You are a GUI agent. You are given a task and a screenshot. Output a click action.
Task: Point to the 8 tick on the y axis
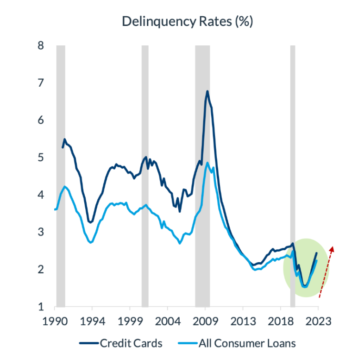[x=41, y=45]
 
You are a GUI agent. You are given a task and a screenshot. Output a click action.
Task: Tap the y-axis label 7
[x=41, y=83]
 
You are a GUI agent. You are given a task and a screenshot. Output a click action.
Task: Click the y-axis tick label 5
[x=41, y=158]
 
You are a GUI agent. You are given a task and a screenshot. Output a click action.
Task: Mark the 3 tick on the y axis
[x=41, y=232]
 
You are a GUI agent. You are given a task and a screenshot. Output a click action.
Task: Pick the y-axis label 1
[x=41, y=307]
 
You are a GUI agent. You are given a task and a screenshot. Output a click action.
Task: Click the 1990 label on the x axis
[x=55, y=321]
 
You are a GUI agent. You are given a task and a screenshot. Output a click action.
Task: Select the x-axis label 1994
[x=92, y=321]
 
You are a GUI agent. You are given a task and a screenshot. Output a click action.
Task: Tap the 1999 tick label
[x=130, y=321]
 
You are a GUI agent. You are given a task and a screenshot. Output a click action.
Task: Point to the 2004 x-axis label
[x=168, y=321]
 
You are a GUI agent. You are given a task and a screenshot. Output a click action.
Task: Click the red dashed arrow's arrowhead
[x=332, y=249]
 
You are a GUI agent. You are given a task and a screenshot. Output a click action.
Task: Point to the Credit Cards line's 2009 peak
[x=207, y=91]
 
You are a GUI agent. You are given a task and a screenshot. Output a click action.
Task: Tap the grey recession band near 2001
[x=145, y=176]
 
